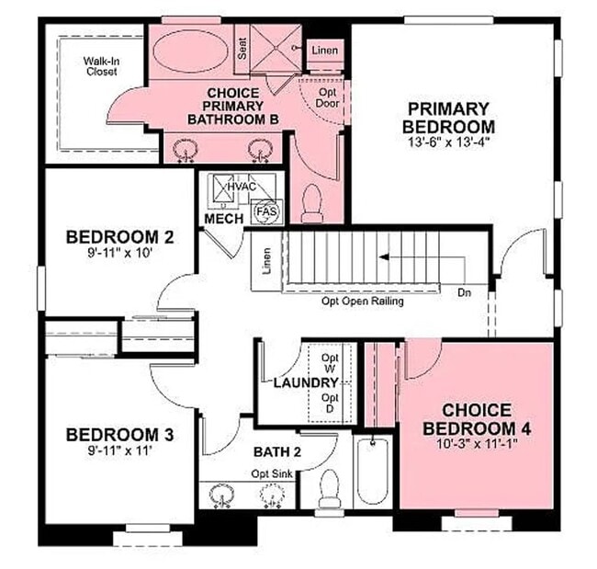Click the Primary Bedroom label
click(x=449, y=117)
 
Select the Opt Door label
click(x=327, y=97)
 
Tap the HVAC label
click(x=242, y=186)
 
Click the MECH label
click(x=223, y=219)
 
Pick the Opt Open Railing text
click(x=362, y=301)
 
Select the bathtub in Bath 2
click(x=372, y=471)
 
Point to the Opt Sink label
click(x=272, y=473)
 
